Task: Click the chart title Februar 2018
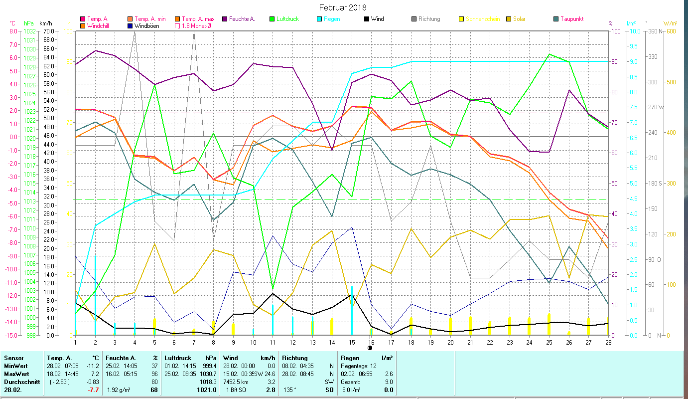pos(343,7)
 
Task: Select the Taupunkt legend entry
pos(571,19)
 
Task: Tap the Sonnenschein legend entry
pos(482,19)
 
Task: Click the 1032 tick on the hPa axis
pos(30,31)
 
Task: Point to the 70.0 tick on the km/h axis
pos(48,31)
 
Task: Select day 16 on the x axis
pos(371,342)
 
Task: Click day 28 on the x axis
pos(608,342)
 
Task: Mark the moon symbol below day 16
pos(370,348)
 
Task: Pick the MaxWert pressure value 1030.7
pos(208,374)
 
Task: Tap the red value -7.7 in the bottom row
pos(94,390)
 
